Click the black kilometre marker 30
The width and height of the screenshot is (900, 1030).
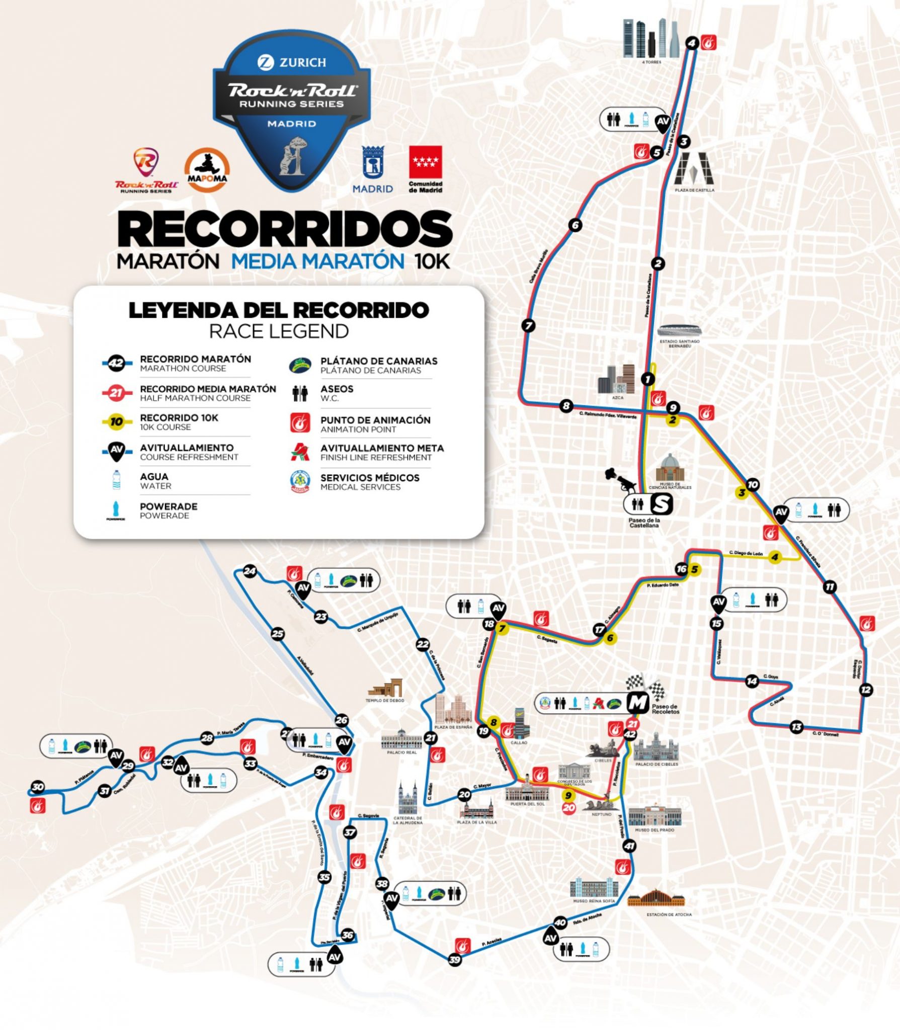click(x=37, y=787)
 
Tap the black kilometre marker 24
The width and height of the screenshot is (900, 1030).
click(x=250, y=571)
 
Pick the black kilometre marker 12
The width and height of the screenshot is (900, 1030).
click(x=865, y=690)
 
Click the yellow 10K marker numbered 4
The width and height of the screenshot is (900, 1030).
click(x=775, y=557)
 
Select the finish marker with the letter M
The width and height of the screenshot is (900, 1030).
click(x=637, y=703)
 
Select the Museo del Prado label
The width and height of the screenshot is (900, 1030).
click(x=654, y=830)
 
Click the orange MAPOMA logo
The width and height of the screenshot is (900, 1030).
click(x=207, y=171)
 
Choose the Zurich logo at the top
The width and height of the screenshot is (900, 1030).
click(x=292, y=62)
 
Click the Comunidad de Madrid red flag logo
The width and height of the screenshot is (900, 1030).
click(x=425, y=162)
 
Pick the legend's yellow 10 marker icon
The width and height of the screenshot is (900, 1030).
click(x=116, y=422)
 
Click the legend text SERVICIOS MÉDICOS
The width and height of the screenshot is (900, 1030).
click(x=370, y=477)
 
